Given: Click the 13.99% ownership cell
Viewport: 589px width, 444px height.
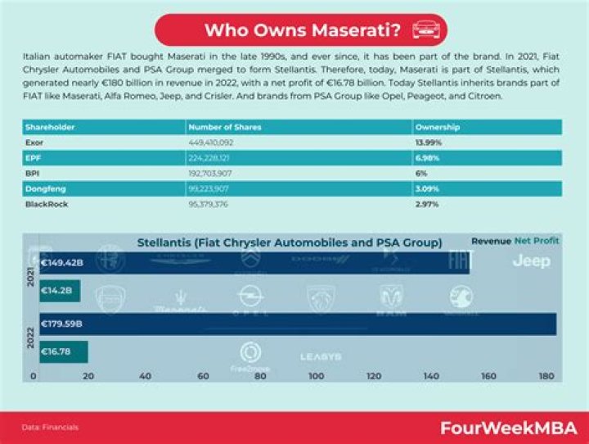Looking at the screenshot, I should (429, 143).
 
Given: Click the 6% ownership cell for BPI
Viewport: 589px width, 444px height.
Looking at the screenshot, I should (421, 173).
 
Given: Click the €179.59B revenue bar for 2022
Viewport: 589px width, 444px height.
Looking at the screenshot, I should (294, 324).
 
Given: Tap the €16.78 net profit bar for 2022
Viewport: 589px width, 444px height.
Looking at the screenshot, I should (62, 352).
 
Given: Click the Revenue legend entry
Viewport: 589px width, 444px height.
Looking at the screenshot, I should (491, 242).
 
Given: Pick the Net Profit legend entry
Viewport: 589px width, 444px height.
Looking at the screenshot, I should (538, 242).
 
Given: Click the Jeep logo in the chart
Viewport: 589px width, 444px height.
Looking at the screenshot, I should (531, 261).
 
